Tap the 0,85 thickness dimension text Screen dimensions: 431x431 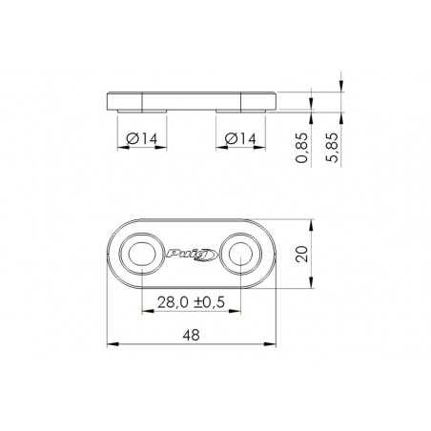pyautogui.click(x=303, y=148)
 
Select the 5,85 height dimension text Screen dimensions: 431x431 pyautogui.click(x=333, y=148)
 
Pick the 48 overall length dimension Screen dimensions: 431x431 pyautogui.click(x=192, y=334)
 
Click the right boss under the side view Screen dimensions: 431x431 pyautogui.click(x=241, y=110)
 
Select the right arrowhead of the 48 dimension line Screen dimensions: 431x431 pyautogui.click(x=275, y=342)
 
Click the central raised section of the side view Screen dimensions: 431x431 pyautogui.click(x=192, y=98)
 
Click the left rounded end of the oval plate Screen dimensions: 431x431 pyautogui.click(x=114, y=254)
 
